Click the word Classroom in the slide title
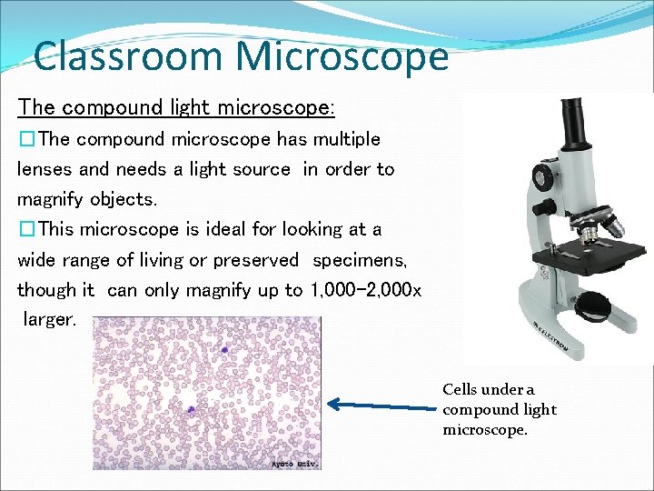[x=128, y=56]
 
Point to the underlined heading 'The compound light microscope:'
[x=176, y=107]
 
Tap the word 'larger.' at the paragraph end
[x=52, y=320]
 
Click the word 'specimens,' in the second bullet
[x=360, y=260]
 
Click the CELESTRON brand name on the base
[x=551, y=338]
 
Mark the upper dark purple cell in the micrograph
[x=225, y=348]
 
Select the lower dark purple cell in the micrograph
[x=191, y=410]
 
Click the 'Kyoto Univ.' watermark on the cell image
[x=292, y=464]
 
